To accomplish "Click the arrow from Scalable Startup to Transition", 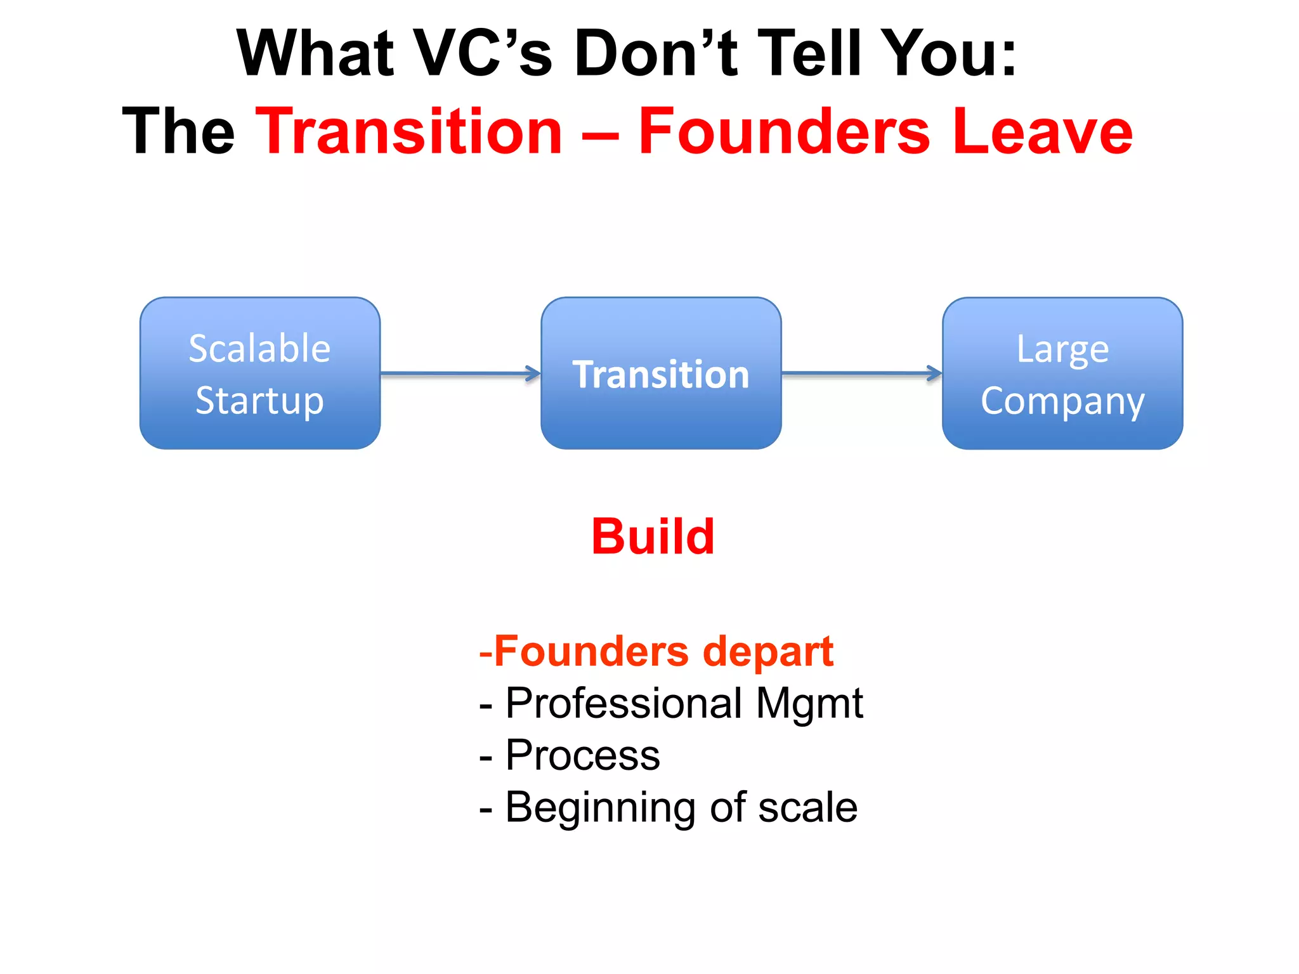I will (x=460, y=373).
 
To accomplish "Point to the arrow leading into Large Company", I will (x=861, y=373).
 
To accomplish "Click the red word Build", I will (x=653, y=536).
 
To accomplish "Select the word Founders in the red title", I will (x=784, y=131).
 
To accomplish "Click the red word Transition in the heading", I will (x=409, y=131).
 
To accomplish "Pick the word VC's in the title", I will (x=483, y=53).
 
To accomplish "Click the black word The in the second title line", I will (x=178, y=131).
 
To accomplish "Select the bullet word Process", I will (x=582, y=756).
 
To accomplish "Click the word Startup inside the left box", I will (x=260, y=401).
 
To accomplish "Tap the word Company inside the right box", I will (x=1062, y=401).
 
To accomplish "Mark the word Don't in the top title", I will (x=656, y=53).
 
